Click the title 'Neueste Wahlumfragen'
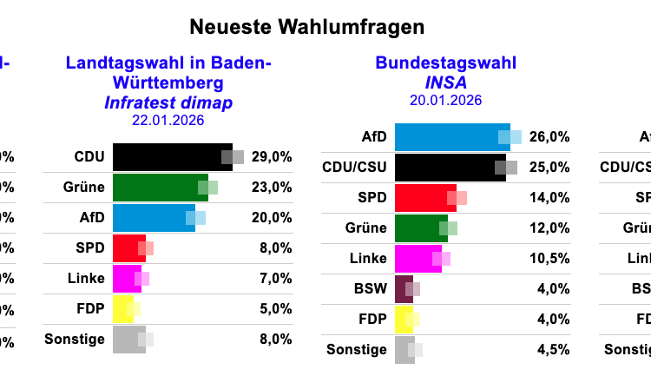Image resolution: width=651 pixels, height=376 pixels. point(306,27)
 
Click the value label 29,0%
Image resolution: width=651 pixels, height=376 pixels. point(272,157)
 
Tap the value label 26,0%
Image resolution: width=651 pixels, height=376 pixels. point(549,137)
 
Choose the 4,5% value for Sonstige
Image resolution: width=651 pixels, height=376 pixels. point(552,350)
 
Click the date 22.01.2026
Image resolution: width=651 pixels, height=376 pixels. point(168,121)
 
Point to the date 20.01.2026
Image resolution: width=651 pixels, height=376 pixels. point(445,100)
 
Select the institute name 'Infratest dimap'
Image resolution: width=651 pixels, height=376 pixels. point(168,103)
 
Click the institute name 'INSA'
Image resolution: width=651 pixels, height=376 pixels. point(445,82)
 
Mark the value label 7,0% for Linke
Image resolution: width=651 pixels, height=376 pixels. point(274,278)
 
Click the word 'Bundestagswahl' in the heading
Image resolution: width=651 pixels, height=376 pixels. point(445,63)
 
